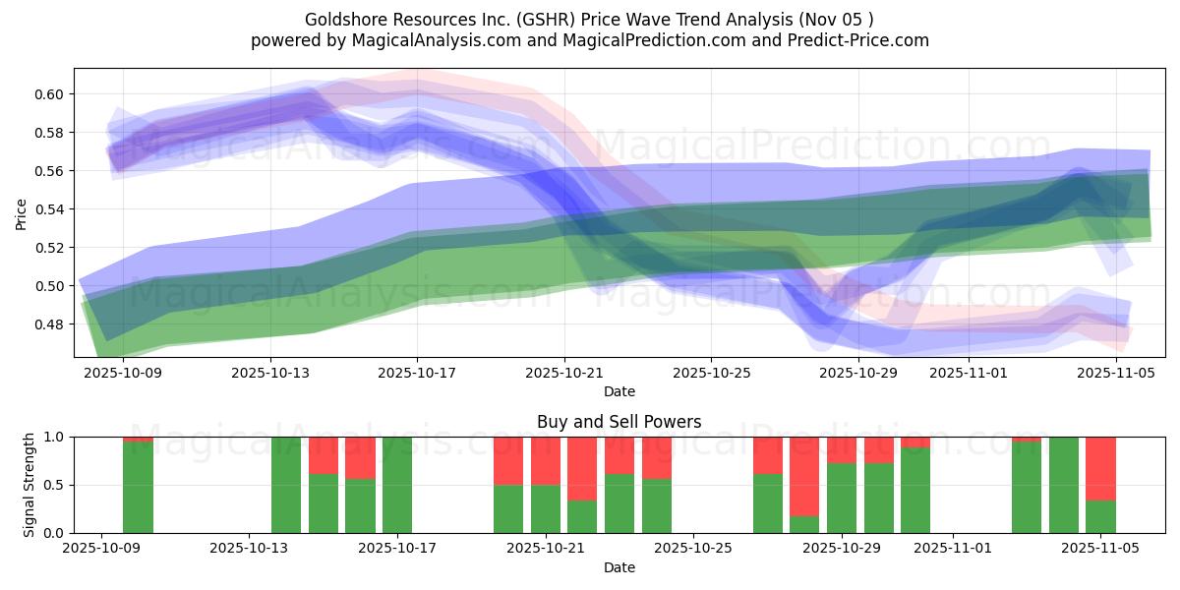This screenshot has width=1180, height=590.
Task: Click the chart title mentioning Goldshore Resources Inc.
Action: [589, 19]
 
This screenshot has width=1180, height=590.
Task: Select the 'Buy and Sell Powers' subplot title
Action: [619, 422]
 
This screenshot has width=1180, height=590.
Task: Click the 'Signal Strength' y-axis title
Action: [29, 484]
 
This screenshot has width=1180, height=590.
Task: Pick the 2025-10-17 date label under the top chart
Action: [417, 373]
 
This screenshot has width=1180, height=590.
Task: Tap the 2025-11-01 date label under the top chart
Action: [969, 373]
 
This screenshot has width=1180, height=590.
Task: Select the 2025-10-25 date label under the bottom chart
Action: [693, 549]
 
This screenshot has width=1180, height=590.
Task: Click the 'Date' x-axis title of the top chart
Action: [619, 391]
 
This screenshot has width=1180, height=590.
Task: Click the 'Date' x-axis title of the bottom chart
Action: [619, 567]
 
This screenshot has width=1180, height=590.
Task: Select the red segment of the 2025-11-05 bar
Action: [1100, 468]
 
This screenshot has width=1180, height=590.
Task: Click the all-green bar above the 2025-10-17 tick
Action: [397, 485]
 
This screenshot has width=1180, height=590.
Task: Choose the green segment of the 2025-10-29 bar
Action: [842, 498]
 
